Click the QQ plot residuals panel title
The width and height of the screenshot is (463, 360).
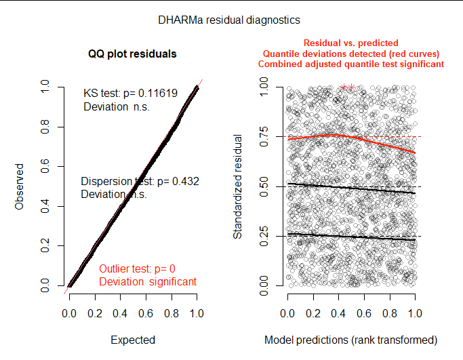click(x=132, y=54)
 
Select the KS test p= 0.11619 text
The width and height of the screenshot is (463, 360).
click(x=130, y=94)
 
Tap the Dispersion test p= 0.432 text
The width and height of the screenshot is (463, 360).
click(x=139, y=182)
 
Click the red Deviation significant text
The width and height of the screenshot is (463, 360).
click(x=148, y=281)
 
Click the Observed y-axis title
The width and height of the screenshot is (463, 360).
click(x=20, y=186)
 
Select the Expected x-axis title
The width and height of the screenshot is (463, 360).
click(x=132, y=340)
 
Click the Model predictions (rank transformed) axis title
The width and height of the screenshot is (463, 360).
click(x=350, y=340)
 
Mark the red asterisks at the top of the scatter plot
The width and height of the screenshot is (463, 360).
click(x=348, y=87)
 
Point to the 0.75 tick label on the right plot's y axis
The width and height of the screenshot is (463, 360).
click(x=265, y=136)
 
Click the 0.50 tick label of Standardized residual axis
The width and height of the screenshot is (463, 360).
click(x=265, y=186)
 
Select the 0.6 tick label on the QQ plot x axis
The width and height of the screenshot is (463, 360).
click(x=145, y=314)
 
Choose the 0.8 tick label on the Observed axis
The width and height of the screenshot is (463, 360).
click(x=45, y=127)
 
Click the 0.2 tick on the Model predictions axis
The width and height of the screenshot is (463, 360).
click(x=313, y=314)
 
